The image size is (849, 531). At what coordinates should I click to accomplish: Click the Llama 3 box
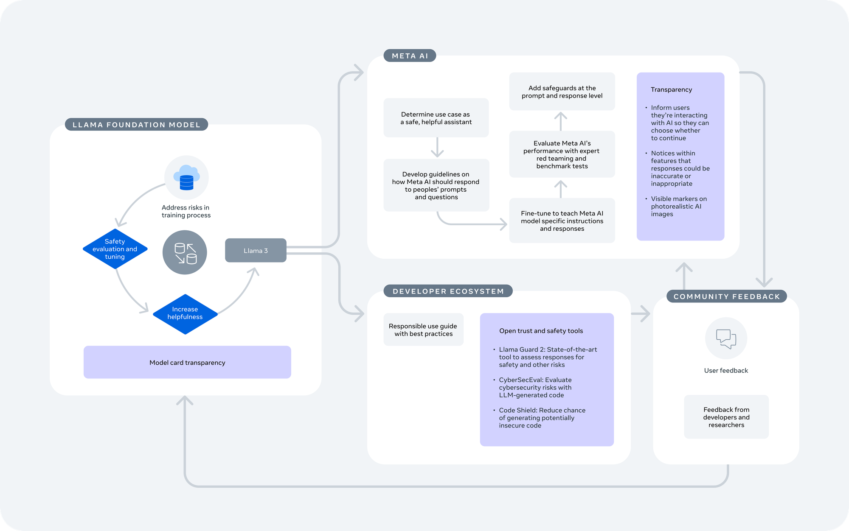click(x=256, y=250)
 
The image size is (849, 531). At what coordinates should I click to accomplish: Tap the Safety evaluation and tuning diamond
click(x=115, y=249)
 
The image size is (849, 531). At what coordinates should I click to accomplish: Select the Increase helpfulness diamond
click(x=185, y=314)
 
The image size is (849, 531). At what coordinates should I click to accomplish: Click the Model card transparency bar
click(x=187, y=362)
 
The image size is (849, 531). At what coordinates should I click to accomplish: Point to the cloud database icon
click(x=186, y=178)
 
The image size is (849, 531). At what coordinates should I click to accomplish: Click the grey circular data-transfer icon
click(x=185, y=252)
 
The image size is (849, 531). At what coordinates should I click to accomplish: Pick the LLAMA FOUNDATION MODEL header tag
click(x=136, y=125)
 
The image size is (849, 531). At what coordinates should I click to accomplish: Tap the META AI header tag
click(x=410, y=56)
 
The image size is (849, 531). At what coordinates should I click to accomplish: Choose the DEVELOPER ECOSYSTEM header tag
click(x=448, y=291)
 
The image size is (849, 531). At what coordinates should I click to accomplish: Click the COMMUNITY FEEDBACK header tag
click(x=727, y=296)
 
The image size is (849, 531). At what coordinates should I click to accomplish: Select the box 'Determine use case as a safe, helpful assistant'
click(x=436, y=118)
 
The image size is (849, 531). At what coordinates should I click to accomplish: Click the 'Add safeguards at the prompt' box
click(x=562, y=92)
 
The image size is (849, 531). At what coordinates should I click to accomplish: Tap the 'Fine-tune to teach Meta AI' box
click(x=562, y=221)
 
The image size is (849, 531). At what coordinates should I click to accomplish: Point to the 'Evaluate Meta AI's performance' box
click(x=562, y=154)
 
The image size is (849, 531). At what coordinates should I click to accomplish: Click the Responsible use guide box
click(x=423, y=330)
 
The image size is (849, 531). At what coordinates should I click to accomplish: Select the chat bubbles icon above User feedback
click(x=726, y=338)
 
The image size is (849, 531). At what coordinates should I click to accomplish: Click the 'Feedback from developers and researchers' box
click(x=726, y=417)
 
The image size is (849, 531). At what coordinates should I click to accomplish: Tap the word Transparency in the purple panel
click(x=671, y=89)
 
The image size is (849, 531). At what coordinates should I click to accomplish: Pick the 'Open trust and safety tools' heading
click(x=541, y=331)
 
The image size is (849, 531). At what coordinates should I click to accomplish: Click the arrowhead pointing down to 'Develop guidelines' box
click(x=437, y=154)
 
